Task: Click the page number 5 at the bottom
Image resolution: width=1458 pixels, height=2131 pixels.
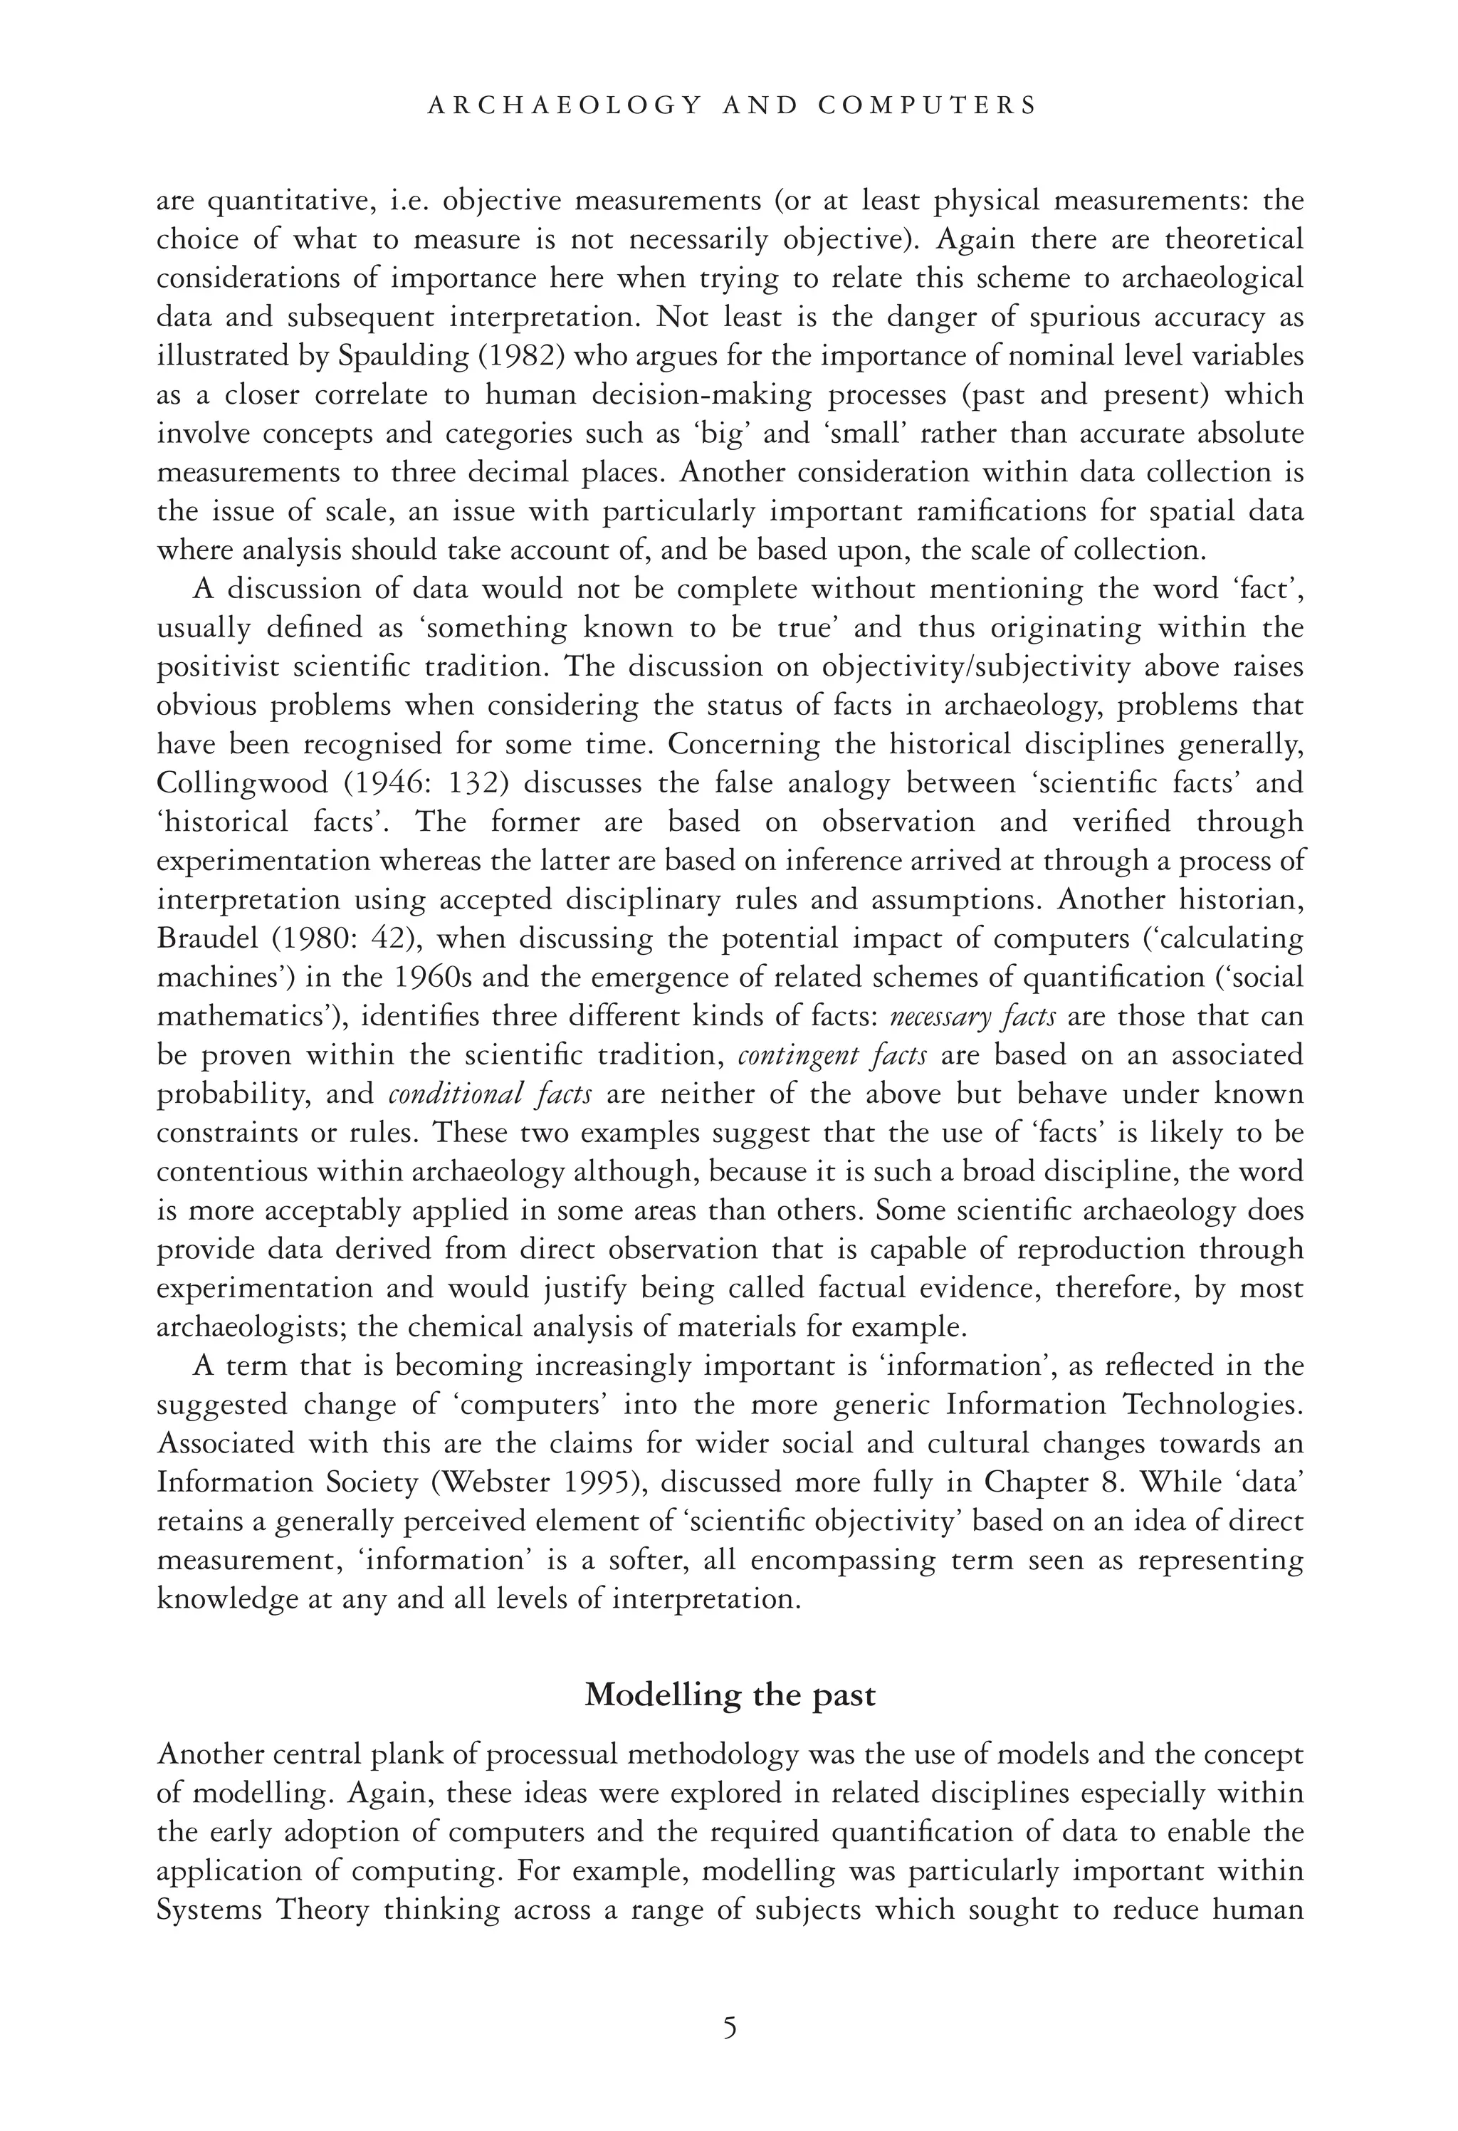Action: (729, 2027)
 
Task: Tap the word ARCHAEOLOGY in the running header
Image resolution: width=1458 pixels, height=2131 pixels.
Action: (564, 105)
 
